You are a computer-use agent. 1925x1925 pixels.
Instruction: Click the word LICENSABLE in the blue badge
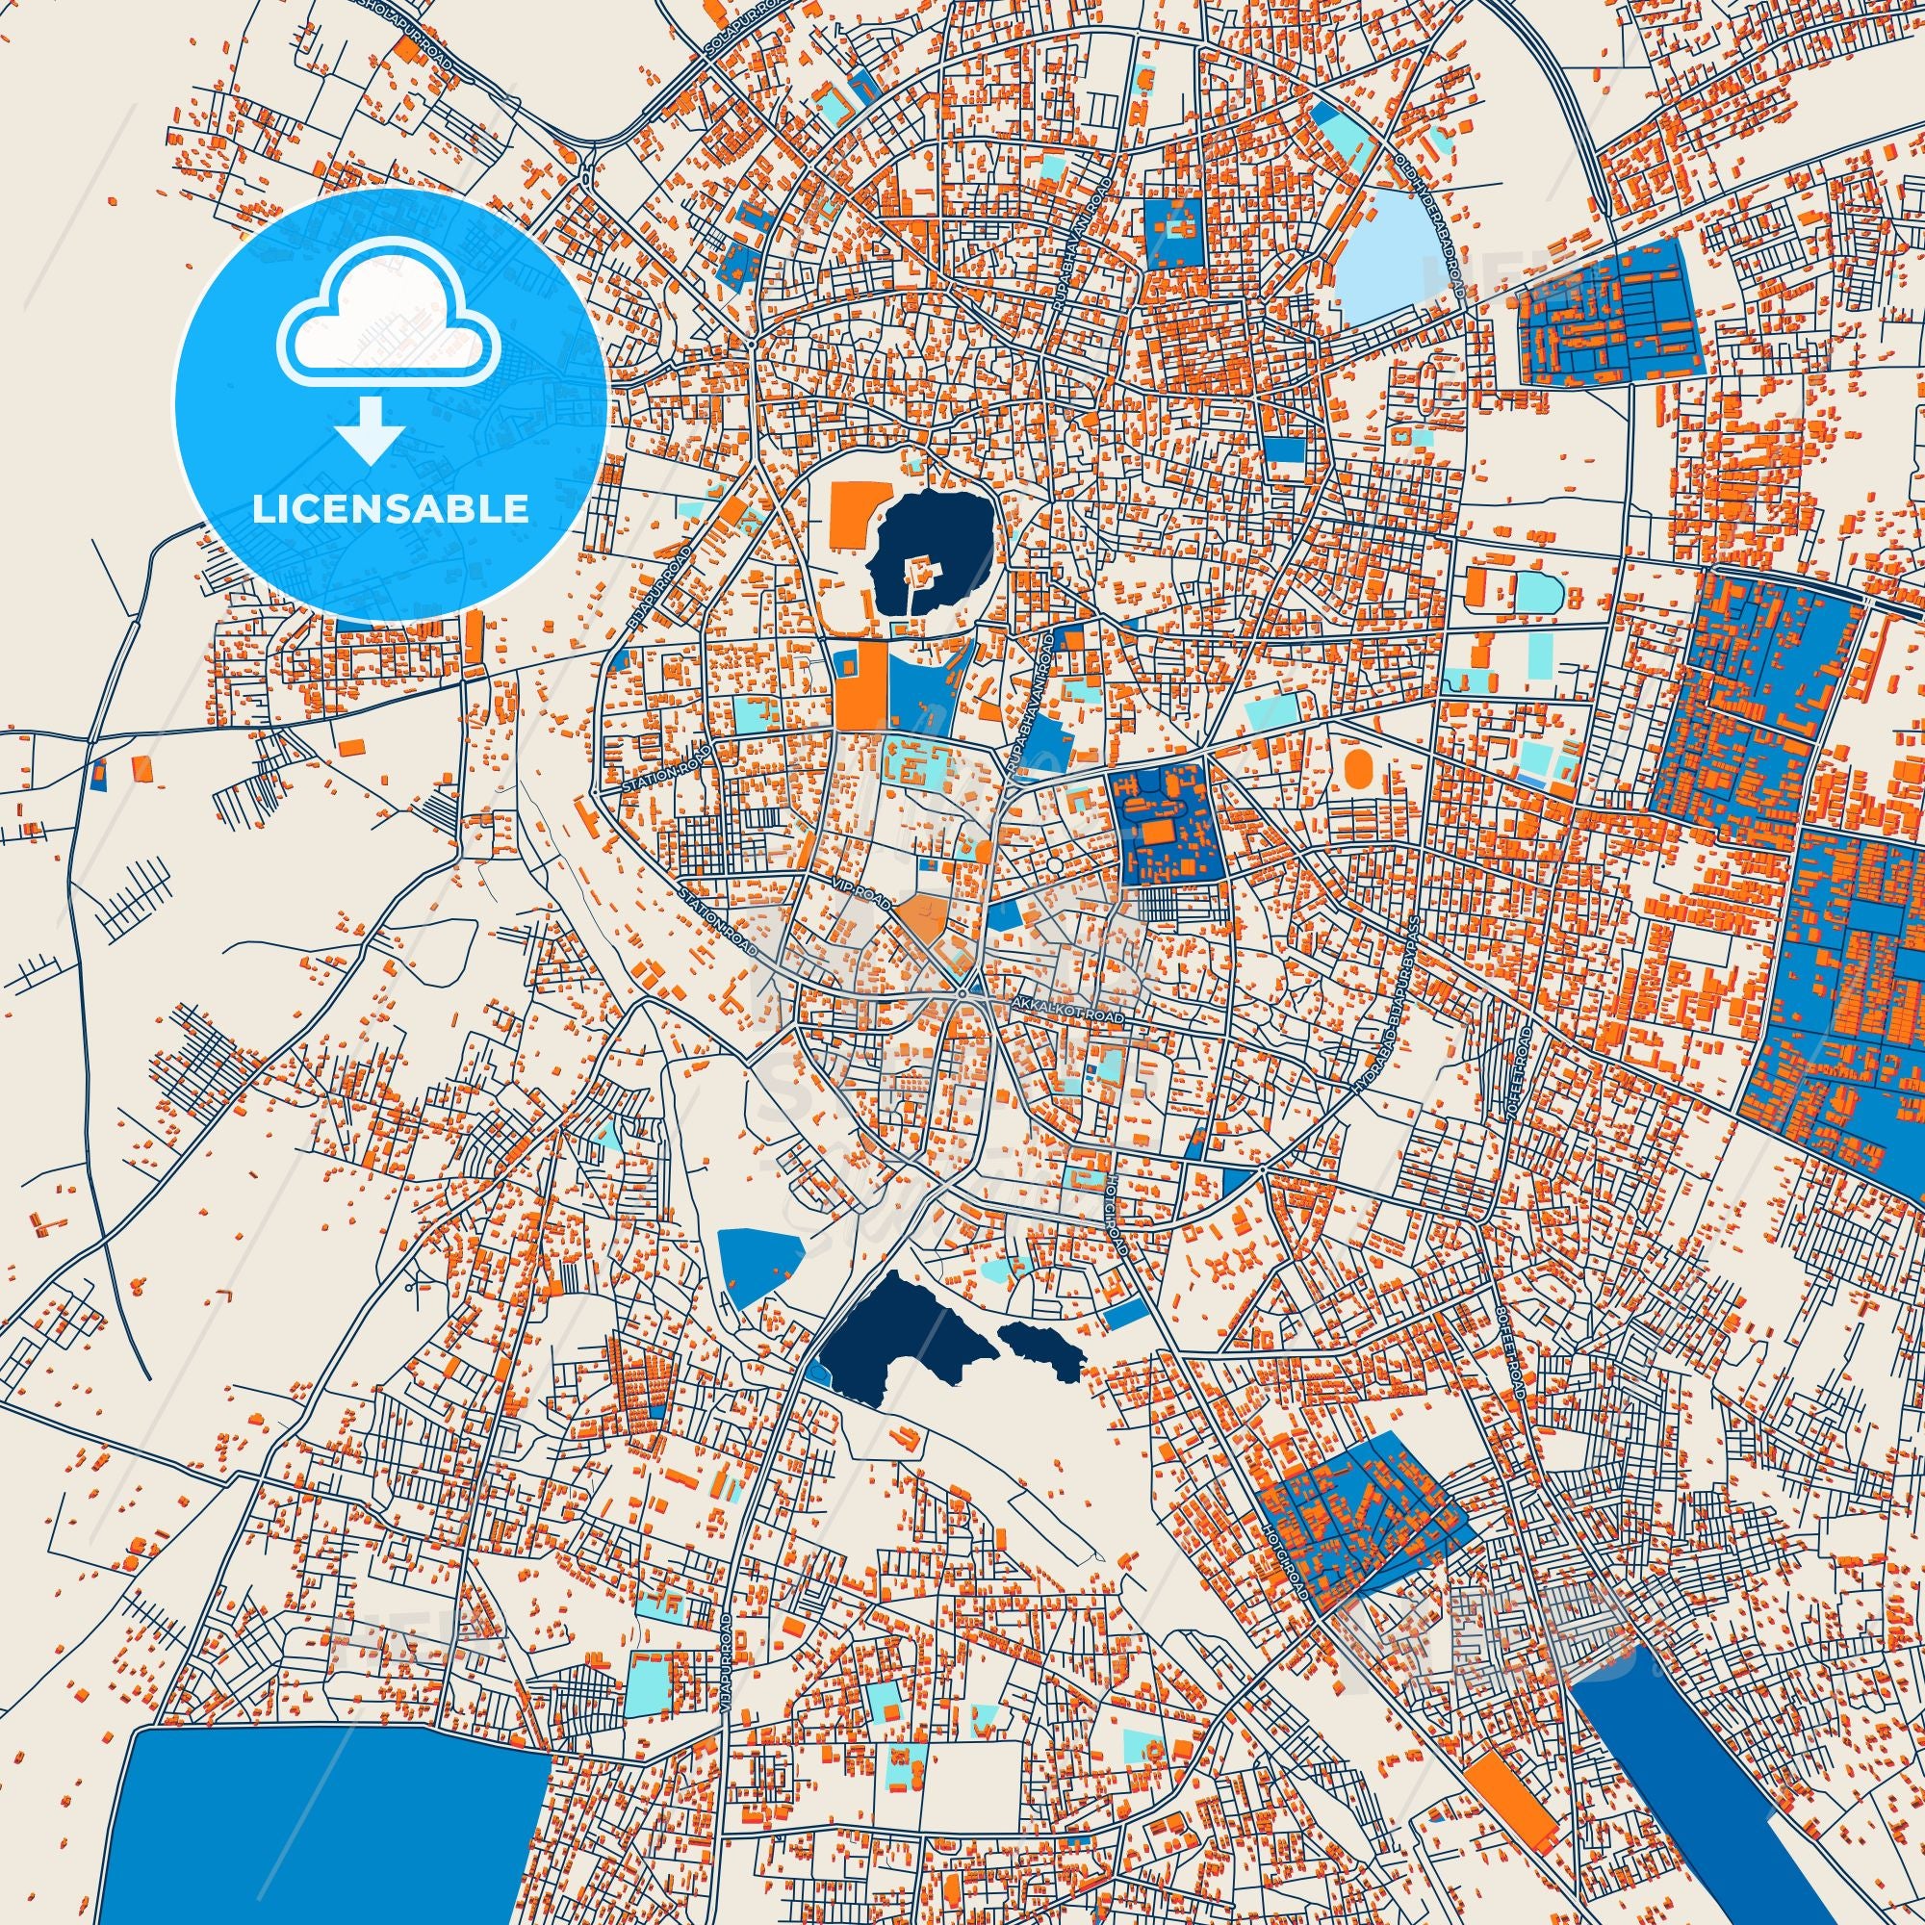pyautogui.click(x=390, y=508)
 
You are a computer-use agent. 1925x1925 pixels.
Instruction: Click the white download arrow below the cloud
pyautogui.click(x=370, y=428)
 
